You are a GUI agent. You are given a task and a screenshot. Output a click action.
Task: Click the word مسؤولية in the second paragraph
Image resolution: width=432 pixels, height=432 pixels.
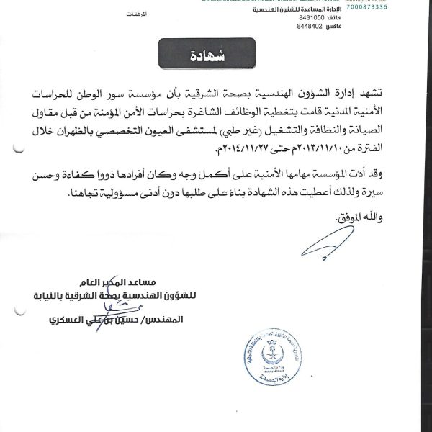pyautogui.click(x=123, y=194)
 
